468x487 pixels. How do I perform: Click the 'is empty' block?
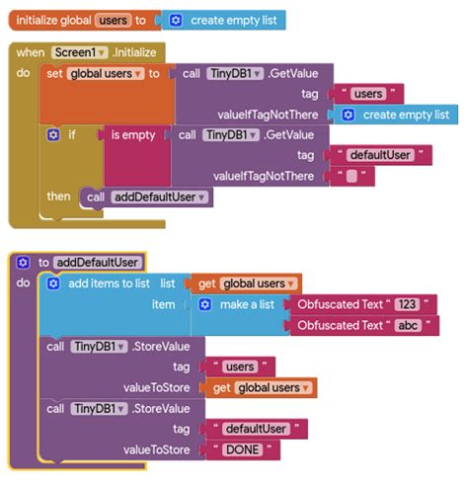coord(132,135)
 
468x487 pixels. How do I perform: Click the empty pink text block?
coord(351,177)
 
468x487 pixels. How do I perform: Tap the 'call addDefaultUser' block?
coord(147,197)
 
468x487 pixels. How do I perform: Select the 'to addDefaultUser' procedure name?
coord(98,262)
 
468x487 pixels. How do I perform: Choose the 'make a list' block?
coord(246,304)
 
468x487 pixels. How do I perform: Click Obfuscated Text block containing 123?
coord(360,304)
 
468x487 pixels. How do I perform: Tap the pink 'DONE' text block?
coord(245,449)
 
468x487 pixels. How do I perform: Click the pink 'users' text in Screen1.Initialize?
coord(368,94)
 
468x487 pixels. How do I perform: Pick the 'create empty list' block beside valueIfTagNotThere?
coord(399,115)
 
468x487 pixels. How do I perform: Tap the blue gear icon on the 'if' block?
coord(53,135)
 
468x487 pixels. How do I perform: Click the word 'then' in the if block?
coord(58,197)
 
